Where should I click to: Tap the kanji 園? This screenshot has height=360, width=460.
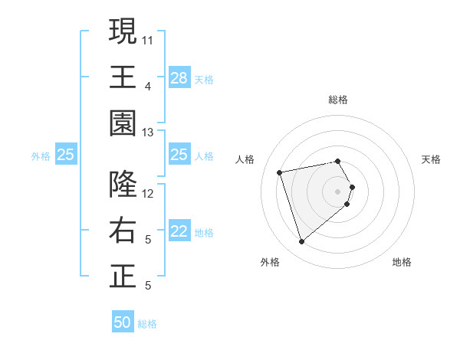tap(123, 123)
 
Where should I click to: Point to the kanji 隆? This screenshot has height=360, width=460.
tap(123, 185)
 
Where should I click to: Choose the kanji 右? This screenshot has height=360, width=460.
tap(123, 231)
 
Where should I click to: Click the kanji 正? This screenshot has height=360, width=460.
tap(123, 277)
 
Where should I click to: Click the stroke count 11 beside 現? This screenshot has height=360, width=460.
tap(149, 40)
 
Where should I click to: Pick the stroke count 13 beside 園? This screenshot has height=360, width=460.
tap(149, 133)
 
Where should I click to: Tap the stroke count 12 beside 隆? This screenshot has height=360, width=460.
tap(149, 194)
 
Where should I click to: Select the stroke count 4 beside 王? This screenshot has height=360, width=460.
tap(148, 86)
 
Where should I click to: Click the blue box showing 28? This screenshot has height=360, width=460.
tap(179, 78)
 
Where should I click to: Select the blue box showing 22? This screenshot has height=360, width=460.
tap(179, 231)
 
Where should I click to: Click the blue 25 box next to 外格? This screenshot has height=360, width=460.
tap(66, 155)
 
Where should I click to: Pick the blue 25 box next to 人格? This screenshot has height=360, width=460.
tap(179, 155)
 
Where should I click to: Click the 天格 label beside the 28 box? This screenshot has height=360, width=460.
tap(204, 79)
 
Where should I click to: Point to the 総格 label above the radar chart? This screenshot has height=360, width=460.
tap(338, 100)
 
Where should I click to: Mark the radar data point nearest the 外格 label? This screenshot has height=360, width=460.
tap(301, 242)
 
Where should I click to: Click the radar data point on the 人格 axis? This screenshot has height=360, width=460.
tap(280, 172)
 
